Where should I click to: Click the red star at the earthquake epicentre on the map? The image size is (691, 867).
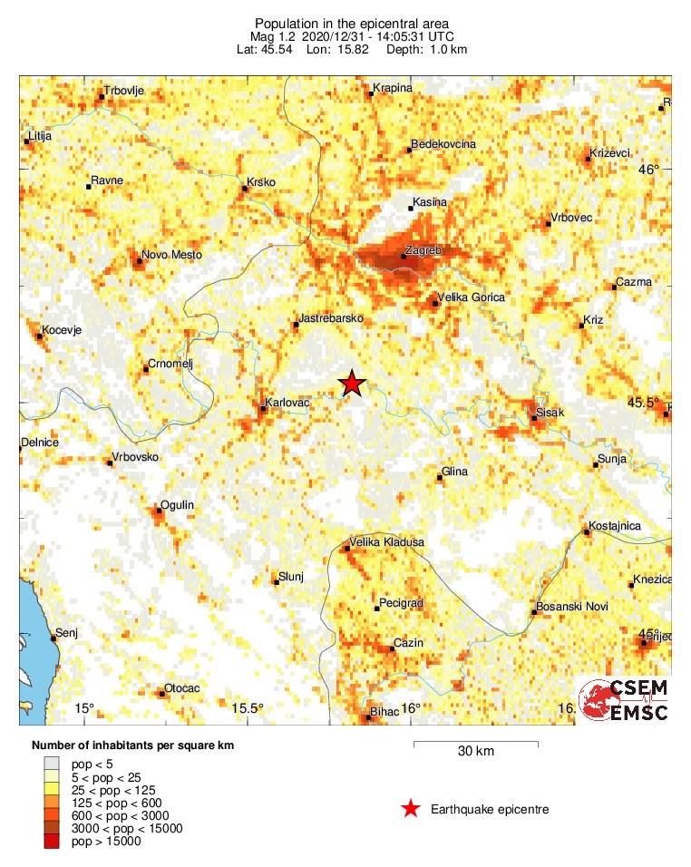(x=352, y=384)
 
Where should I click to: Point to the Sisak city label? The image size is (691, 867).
(x=550, y=413)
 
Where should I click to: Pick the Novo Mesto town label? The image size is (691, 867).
(x=171, y=255)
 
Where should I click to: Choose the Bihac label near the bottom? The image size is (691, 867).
(x=384, y=712)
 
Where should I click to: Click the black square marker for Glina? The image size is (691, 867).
(x=441, y=478)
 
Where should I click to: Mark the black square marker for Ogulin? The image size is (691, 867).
(x=159, y=511)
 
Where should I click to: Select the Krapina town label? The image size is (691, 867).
(x=393, y=88)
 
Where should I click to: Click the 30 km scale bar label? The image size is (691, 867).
(x=475, y=751)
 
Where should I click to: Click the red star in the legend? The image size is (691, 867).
(x=411, y=809)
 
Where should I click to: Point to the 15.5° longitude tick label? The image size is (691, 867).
(x=247, y=708)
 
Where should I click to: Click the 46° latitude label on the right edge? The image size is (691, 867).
(x=648, y=169)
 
